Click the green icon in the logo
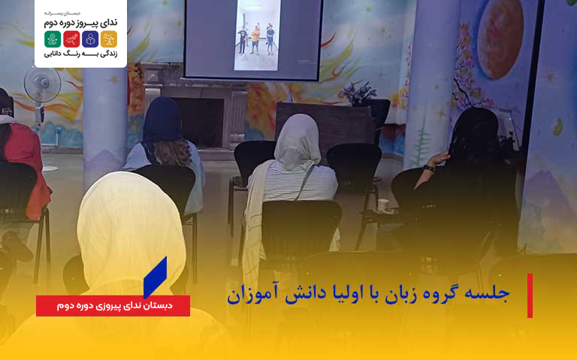[x=52, y=39]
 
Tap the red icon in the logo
[x=71, y=39]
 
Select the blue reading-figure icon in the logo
[x=90, y=39]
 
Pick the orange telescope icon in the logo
[x=109, y=39]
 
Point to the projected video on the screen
[x=257, y=35]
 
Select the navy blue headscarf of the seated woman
[x=162, y=119]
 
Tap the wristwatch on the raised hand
[x=429, y=168]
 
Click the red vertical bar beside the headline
[x=530, y=295]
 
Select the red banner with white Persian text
[x=113, y=306]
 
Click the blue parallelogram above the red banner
[x=155, y=277]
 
